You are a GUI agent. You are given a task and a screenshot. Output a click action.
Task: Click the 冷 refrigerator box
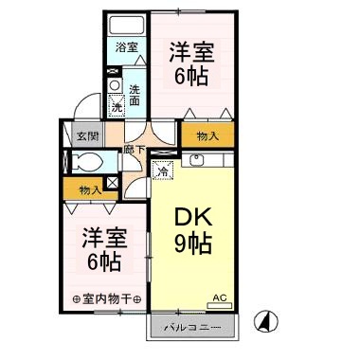coord(163,171)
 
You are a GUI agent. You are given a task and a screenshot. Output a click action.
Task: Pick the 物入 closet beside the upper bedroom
coord(208,136)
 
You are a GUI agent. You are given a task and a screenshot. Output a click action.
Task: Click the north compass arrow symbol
coord(270,322)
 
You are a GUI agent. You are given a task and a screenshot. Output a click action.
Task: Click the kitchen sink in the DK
coord(197,159)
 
